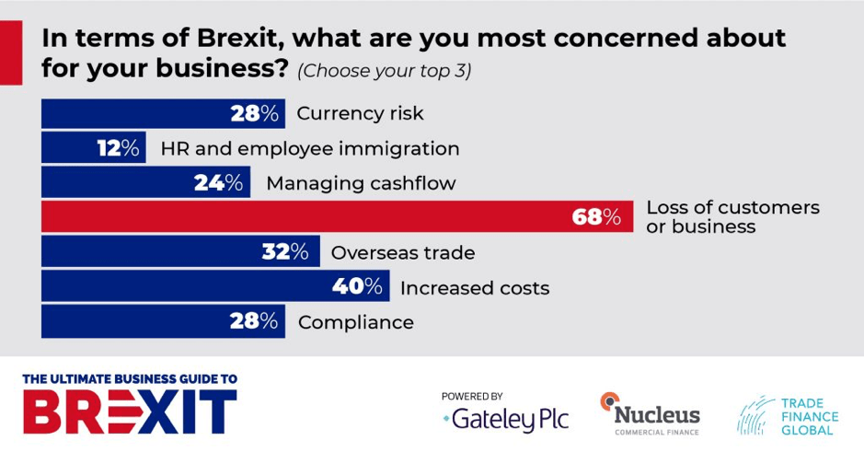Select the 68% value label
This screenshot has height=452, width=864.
point(598,217)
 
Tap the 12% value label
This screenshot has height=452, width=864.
point(119,148)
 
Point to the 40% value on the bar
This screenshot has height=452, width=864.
point(357,287)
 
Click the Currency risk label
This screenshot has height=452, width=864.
point(360,114)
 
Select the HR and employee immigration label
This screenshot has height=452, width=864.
point(309,148)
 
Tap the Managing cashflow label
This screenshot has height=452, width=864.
point(361,183)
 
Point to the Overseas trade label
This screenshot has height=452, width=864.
point(403,252)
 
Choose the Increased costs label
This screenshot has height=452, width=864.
point(474,288)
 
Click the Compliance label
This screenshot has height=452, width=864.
point(354,322)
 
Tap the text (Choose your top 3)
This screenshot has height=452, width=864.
point(384,71)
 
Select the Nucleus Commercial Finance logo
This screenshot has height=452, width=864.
point(650,413)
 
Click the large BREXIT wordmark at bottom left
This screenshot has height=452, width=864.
point(129,411)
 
